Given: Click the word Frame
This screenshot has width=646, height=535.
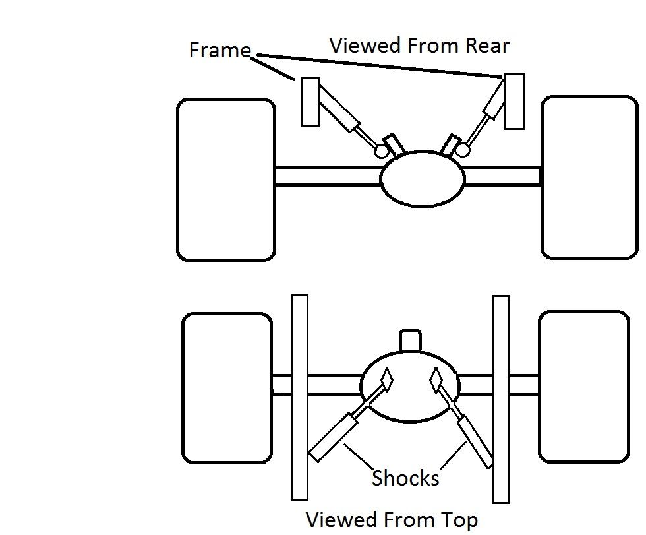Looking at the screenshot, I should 220,51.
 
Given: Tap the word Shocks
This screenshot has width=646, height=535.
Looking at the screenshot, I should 405,478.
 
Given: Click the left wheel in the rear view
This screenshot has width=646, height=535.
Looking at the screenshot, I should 225,179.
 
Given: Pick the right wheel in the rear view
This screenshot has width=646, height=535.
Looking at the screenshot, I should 589,177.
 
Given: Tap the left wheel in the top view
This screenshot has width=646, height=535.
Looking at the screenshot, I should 227,388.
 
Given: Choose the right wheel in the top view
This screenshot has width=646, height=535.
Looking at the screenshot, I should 584,387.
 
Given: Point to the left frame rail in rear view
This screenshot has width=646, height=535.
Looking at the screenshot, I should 310,102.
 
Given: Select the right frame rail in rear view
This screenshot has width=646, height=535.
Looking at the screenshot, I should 514,102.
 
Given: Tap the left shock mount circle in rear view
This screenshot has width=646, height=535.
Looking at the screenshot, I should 381,151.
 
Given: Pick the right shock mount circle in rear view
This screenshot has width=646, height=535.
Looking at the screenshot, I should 463,150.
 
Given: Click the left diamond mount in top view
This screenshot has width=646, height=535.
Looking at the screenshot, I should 386,379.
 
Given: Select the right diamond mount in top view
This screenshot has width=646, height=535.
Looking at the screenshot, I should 436,379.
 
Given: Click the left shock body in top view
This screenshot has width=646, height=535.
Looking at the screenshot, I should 334,436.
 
